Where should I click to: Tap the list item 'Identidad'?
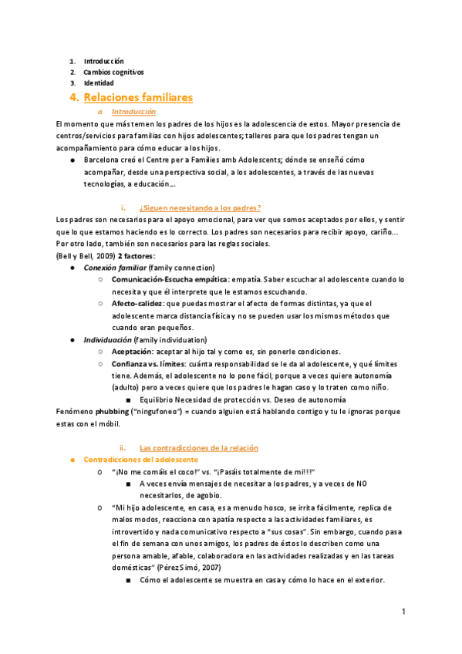(x=99, y=83)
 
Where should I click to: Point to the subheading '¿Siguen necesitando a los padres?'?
(x=200, y=207)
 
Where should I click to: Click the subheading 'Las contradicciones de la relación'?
(x=198, y=447)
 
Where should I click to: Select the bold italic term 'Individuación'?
(x=107, y=339)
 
